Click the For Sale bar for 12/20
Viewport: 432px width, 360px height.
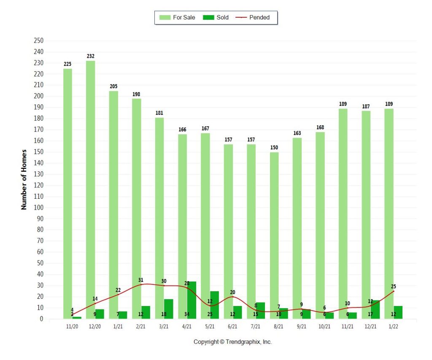point(90,189)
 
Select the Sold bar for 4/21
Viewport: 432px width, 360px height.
point(192,300)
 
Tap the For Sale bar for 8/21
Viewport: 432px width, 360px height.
point(274,235)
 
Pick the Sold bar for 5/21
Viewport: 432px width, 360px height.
point(214,305)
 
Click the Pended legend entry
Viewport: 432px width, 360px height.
point(253,17)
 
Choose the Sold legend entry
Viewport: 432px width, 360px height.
point(216,17)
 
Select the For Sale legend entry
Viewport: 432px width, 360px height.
point(177,17)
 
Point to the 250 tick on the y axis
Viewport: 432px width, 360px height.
point(38,41)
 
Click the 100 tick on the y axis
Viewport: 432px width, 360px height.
point(38,207)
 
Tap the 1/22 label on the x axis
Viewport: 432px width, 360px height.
point(393,326)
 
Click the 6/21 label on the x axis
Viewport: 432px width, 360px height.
point(232,326)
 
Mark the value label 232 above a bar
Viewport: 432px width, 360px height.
point(91,56)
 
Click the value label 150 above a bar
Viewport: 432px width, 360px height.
point(274,147)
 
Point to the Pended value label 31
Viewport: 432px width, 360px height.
point(141,280)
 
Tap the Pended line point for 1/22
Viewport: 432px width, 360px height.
point(394,291)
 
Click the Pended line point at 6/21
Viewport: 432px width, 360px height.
point(232,297)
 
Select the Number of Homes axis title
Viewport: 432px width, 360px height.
point(24,179)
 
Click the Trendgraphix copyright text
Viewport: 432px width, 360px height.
point(232,342)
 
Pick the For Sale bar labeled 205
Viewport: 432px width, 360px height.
point(113,205)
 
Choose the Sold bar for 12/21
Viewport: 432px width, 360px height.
point(375,309)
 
